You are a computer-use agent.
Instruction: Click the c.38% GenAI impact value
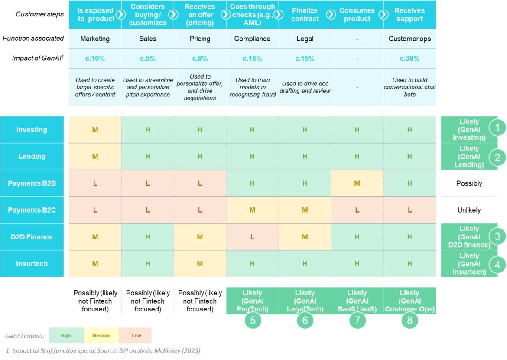pos(409,59)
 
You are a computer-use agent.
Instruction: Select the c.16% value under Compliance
pos(252,59)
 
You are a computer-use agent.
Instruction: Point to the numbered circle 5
pos(253,321)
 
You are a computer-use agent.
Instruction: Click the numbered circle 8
pos(409,321)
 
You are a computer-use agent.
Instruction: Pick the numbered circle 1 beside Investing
pos(497,128)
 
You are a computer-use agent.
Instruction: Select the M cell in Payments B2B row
pos(357,183)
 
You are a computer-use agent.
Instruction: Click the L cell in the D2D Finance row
pos(252,237)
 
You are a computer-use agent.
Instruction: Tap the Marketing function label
pos(95,39)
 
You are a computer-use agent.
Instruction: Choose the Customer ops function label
pos(409,39)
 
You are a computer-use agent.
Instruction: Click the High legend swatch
pos(66,335)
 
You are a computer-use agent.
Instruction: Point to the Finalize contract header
pos(305,15)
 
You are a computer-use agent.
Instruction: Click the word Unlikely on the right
pos(469,210)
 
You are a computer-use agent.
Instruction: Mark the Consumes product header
pos(357,15)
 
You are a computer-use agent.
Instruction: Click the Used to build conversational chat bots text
pos(409,87)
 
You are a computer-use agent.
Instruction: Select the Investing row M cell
pos(95,130)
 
